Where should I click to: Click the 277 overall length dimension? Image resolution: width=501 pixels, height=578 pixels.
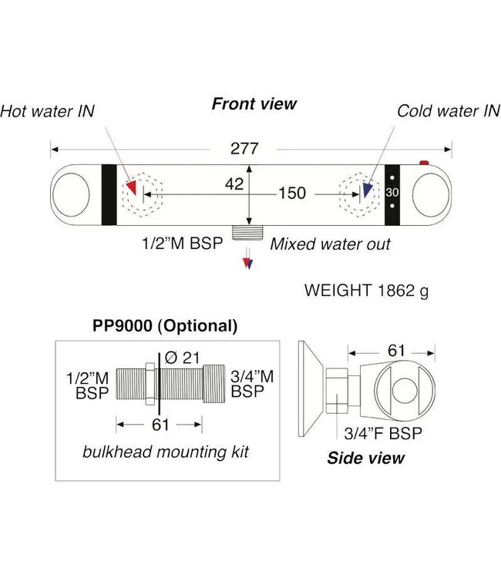244,149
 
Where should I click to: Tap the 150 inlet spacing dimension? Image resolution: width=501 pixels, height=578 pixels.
292,193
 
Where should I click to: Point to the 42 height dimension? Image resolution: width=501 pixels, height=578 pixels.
234,184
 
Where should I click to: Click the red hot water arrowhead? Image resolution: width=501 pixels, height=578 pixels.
131,187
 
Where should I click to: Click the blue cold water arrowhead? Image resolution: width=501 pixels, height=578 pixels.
368,190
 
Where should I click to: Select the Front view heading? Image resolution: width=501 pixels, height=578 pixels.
254,104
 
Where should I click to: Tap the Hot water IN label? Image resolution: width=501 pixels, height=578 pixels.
47,111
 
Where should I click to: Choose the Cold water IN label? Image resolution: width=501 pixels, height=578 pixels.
449,111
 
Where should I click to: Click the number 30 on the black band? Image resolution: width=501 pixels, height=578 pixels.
392,193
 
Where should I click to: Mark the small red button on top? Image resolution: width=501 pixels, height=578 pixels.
424,163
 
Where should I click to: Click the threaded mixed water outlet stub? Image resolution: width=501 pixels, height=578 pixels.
247,232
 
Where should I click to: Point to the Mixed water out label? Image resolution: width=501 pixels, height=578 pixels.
331,244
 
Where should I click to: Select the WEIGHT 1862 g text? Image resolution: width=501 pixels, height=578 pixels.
366,291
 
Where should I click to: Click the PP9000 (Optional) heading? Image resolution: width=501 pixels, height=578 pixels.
165,326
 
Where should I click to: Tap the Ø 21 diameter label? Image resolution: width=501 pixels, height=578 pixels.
182,358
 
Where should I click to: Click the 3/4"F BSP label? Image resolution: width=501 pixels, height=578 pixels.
383,433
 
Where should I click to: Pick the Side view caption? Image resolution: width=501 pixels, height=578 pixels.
365,458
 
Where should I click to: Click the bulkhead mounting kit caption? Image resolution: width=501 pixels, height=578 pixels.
166,452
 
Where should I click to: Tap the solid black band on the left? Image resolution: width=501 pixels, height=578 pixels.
109,195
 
